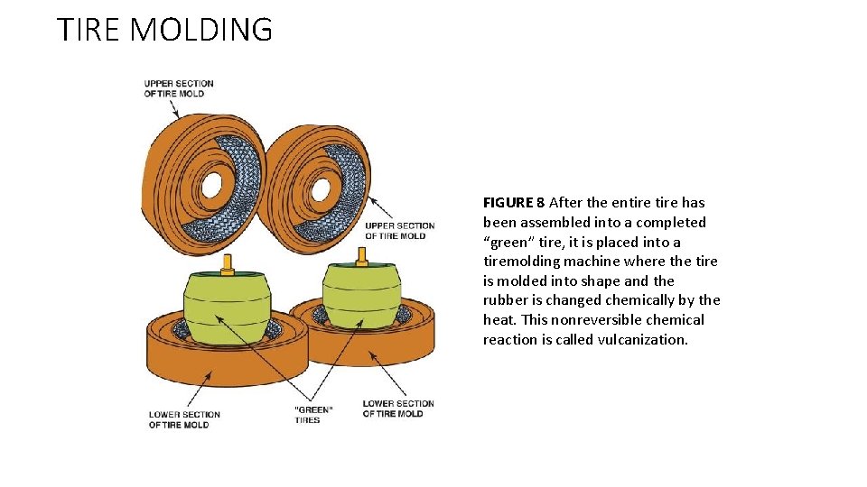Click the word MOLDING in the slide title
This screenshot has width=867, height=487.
tap(201, 30)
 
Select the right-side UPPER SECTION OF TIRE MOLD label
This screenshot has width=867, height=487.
tap(399, 231)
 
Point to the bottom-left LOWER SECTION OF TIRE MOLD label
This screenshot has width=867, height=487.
tap(184, 419)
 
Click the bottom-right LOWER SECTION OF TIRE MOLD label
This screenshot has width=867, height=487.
tap(397, 409)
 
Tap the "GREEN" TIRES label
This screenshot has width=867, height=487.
tap(313, 414)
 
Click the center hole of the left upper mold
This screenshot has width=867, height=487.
tap(211, 185)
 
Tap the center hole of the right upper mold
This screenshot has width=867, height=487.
tap(320, 189)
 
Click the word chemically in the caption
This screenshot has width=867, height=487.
tap(642, 300)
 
